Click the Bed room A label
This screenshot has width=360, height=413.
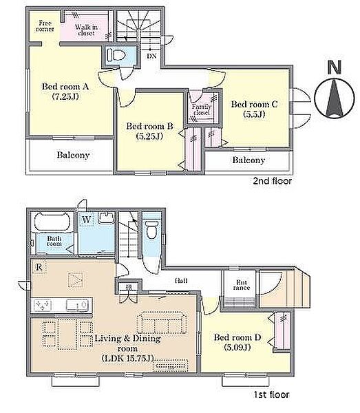coord(65,87)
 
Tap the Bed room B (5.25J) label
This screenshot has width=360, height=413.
coord(149,131)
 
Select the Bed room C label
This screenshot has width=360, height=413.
coord(254,104)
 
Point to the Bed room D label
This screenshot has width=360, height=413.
coord(237,337)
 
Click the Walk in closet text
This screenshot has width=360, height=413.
coord(86,30)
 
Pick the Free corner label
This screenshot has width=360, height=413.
coord(45,26)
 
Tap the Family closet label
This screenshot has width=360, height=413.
coord(202,109)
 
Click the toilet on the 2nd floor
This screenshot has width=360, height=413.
coord(116,55)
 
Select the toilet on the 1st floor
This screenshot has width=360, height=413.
coord(151,230)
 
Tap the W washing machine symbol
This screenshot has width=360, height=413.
coord(86,220)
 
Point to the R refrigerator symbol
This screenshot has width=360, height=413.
coord(39,267)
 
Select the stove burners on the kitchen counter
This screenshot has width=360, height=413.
coord(42,306)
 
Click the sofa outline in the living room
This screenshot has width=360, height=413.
coord(162,323)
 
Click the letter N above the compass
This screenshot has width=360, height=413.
coord(335,67)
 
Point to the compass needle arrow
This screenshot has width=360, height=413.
coord(335,98)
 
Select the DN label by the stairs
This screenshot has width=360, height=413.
coord(151,56)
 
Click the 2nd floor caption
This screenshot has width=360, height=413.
coord(272,180)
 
